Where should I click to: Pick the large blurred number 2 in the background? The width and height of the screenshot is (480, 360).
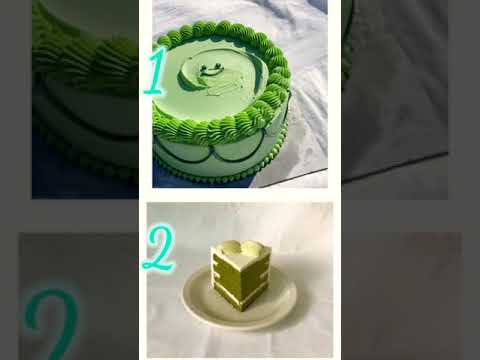[x=50, y=320]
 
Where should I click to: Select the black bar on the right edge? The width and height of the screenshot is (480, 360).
[x=470, y=180]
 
